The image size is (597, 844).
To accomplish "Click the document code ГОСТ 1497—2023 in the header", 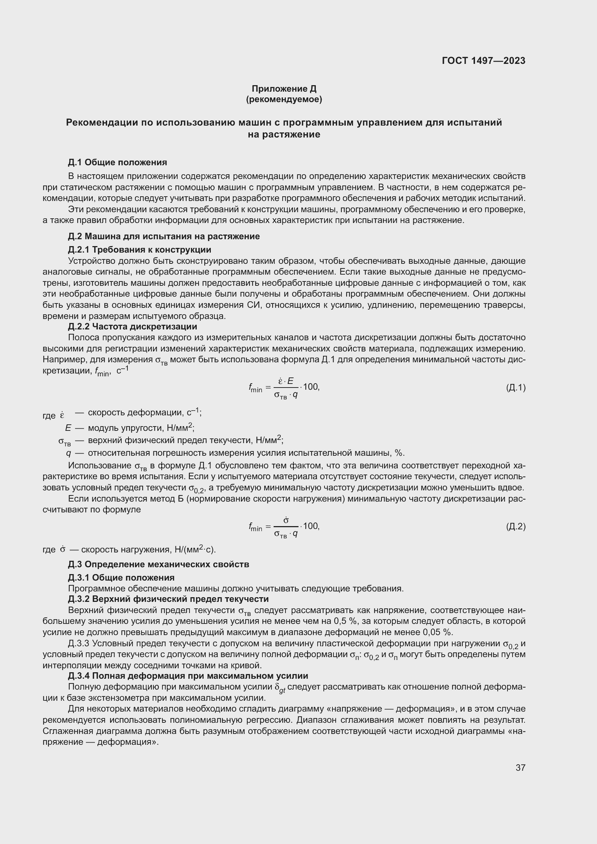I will pos(483,61).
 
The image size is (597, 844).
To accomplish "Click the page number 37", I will pos(520,768).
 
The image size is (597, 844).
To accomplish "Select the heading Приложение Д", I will pos(284,89).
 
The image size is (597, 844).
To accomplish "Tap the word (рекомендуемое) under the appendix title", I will pos(284,100).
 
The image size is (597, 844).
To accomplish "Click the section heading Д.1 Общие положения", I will pos(117,162).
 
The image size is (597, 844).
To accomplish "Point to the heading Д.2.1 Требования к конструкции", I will pos(139,250).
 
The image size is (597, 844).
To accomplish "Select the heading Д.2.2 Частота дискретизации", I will pos(132,327).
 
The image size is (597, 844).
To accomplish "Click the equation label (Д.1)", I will pos(515,388).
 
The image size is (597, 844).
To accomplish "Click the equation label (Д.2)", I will pos(515,526).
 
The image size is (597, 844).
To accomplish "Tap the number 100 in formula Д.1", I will pos(311,387).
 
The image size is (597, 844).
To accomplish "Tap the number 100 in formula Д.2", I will pos(311,526).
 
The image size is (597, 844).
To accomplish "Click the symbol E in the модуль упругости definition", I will pos(68,428).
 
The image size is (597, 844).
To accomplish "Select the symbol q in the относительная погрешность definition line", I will pos(68,452).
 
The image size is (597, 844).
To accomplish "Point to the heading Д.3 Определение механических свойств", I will pos(158,564).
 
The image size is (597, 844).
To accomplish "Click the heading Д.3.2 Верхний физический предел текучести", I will pos(168,599).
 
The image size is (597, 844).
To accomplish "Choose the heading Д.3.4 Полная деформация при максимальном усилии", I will pos(188,675).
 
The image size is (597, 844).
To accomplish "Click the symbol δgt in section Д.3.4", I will pos(280,688).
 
